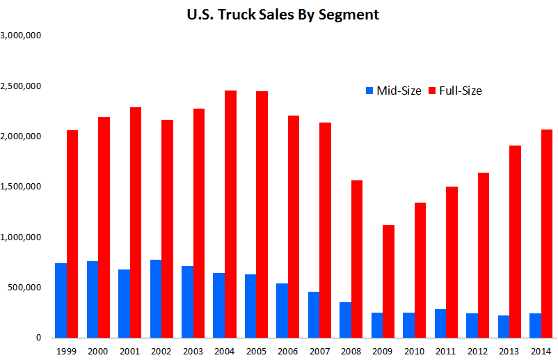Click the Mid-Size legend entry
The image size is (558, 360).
pos(393,91)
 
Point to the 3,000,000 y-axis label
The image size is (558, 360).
pos(23,36)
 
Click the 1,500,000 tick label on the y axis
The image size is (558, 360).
pos(23,187)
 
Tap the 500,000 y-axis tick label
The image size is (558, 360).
pos(26,287)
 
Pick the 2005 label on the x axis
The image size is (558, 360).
pos(257,350)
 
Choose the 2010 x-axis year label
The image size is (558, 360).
pos(415,350)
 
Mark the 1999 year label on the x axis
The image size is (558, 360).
pos(67,350)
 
